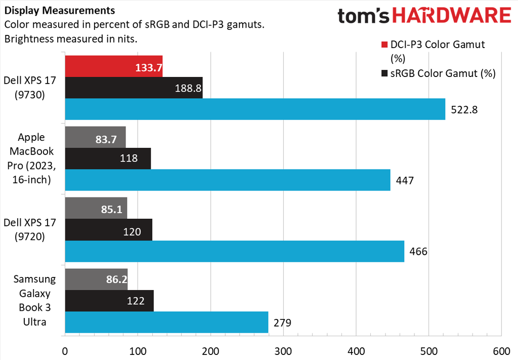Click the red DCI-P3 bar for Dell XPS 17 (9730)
(x=113, y=66)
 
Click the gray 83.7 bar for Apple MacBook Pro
(x=95, y=137)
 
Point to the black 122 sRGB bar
(x=109, y=301)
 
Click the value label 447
(x=404, y=180)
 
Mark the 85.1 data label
(x=112, y=209)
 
